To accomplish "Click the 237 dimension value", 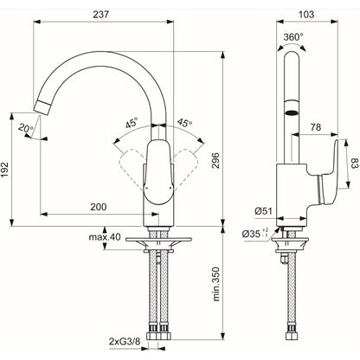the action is pyautogui.click(x=100, y=15).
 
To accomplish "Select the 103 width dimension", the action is pyautogui.click(x=306, y=15).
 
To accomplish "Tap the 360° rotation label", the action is pyautogui.click(x=293, y=37).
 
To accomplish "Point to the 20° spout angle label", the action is pyautogui.click(x=26, y=127).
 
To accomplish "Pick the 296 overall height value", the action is pyautogui.click(x=215, y=161).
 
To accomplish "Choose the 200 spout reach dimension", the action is pyautogui.click(x=99, y=207).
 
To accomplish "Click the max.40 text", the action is pyautogui.click(x=104, y=237).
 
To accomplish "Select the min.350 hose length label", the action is pyautogui.click(x=216, y=285).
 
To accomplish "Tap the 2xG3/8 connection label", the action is pyautogui.click(x=125, y=342).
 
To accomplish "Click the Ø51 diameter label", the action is pyautogui.click(x=263, y=211).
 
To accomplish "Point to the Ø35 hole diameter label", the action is pyautogui.click(x=255, y=234).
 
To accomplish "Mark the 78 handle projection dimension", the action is pyautogui.click(x=316, y=127).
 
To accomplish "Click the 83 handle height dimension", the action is pyautogui.click(x=355, y=164).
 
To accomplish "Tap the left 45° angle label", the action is pyautogui.click(x=132, y=124).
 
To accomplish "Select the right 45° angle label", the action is pyautogui.click(x=184, y=123).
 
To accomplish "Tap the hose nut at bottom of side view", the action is pyautogui.click(x=291, y=336).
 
